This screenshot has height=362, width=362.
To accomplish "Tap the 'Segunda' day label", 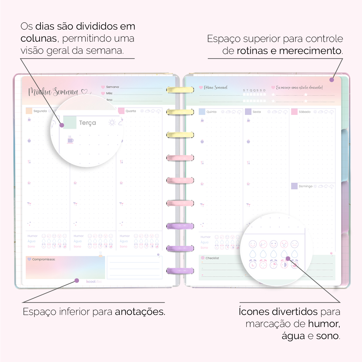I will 40,111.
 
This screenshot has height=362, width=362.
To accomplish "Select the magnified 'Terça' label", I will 87,123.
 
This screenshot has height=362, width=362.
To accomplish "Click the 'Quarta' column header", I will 131,111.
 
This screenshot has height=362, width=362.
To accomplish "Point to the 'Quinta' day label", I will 211,112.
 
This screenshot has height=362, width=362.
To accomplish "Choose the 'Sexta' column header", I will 257,112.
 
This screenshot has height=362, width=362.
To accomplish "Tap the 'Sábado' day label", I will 304,112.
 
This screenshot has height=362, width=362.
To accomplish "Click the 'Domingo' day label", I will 306,186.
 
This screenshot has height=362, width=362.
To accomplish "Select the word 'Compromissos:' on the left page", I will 43,259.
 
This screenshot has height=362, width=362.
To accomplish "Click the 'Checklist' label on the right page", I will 212,258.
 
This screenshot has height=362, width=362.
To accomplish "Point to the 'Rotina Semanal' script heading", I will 215,87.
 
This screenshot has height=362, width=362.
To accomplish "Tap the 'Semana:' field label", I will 113,87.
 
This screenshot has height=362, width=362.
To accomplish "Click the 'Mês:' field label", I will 109,93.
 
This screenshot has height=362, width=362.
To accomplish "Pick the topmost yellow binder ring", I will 180,90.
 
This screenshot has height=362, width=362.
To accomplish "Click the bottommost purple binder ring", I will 180,271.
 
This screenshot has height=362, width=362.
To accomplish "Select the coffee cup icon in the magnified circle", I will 70,140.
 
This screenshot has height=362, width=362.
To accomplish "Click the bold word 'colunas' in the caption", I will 39,39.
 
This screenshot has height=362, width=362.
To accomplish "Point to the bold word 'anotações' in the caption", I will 140,312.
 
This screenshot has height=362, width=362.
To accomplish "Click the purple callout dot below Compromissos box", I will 77,281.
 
